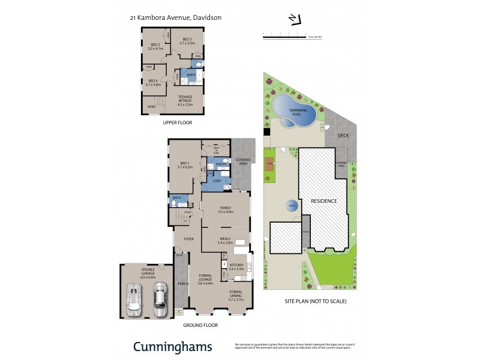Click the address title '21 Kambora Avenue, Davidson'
[x=176, y=18]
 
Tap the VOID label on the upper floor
[x=152, y=107]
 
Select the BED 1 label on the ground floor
[x=185, y=164]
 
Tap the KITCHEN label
[x=236, y=267]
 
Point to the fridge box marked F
[x=224, y=264]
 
